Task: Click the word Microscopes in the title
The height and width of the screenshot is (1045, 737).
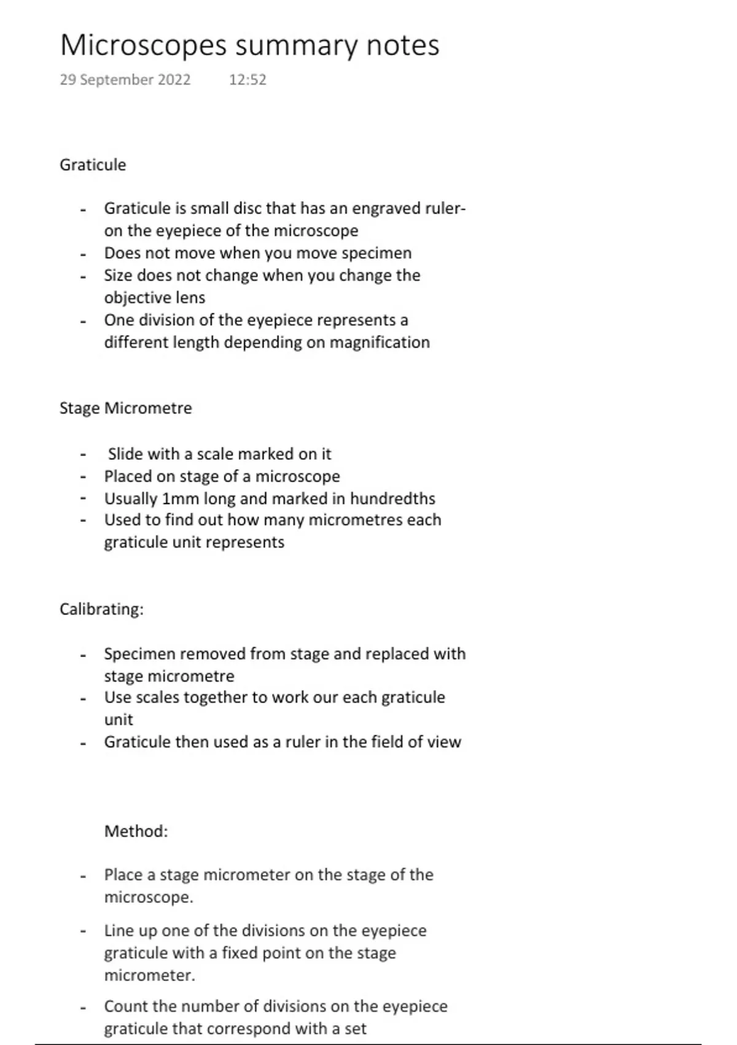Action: click(x=143, y=46)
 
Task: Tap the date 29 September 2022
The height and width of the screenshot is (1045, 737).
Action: click(x=125, y=80)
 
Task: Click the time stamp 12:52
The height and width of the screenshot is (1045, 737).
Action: click(x=248, y=80)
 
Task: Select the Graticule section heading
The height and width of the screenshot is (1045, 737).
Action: click(x=93, y=165)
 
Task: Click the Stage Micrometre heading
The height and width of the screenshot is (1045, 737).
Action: click(x=126, y=408)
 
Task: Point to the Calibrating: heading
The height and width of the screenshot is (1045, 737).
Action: click(x=101, y=609)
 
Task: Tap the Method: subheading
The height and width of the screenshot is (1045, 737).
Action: click(x=136, y=831)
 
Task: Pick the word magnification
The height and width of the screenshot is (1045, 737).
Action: click(x=380, y=342)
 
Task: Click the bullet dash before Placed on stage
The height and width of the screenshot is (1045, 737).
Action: click(x=83, y=477)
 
